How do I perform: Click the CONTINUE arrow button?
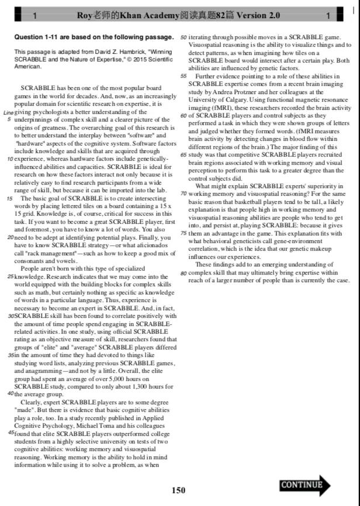pyautogui.click(x=304, y=485)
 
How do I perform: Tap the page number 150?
pyautogui.click(x=179, y=490)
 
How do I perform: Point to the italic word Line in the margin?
pyautogui.click(x=8, y=112)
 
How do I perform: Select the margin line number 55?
pyautogui.click(x=184, y=76)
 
